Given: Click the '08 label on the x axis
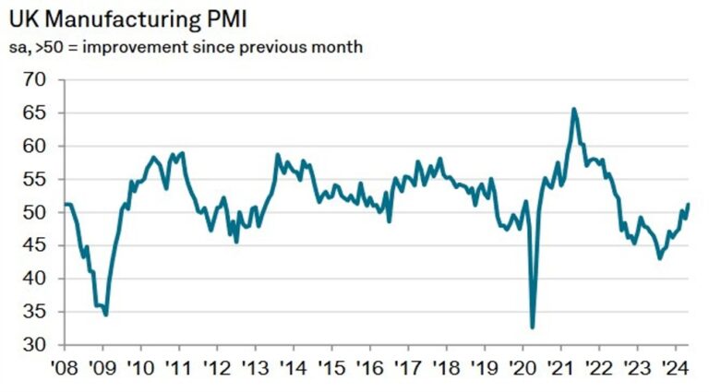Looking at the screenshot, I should (65, 366).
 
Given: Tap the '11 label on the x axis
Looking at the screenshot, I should (178, 366).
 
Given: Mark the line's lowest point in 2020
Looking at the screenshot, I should (533, 327).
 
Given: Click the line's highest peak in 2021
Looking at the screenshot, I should (574, 109).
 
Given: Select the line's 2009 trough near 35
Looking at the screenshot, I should (106, 315).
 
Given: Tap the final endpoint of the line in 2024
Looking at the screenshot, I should (689, 204).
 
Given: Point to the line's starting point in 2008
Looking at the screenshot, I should (65, 204).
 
